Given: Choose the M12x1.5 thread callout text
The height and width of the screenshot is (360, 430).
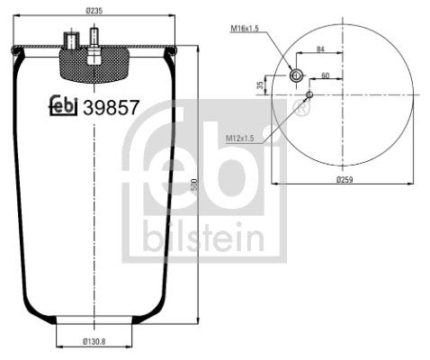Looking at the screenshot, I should point(241,138).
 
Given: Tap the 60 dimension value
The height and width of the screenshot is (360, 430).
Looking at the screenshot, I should point(325,76).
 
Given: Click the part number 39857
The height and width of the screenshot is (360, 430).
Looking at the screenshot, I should point(111,106).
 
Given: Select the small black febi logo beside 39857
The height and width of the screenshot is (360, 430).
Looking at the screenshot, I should point(63,105).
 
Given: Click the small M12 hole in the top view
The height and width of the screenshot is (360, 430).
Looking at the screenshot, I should point(309,94).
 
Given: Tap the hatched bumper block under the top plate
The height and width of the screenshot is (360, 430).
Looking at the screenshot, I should point(94,64).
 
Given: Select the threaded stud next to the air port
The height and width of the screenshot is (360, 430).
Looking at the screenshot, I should point(91,40).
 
